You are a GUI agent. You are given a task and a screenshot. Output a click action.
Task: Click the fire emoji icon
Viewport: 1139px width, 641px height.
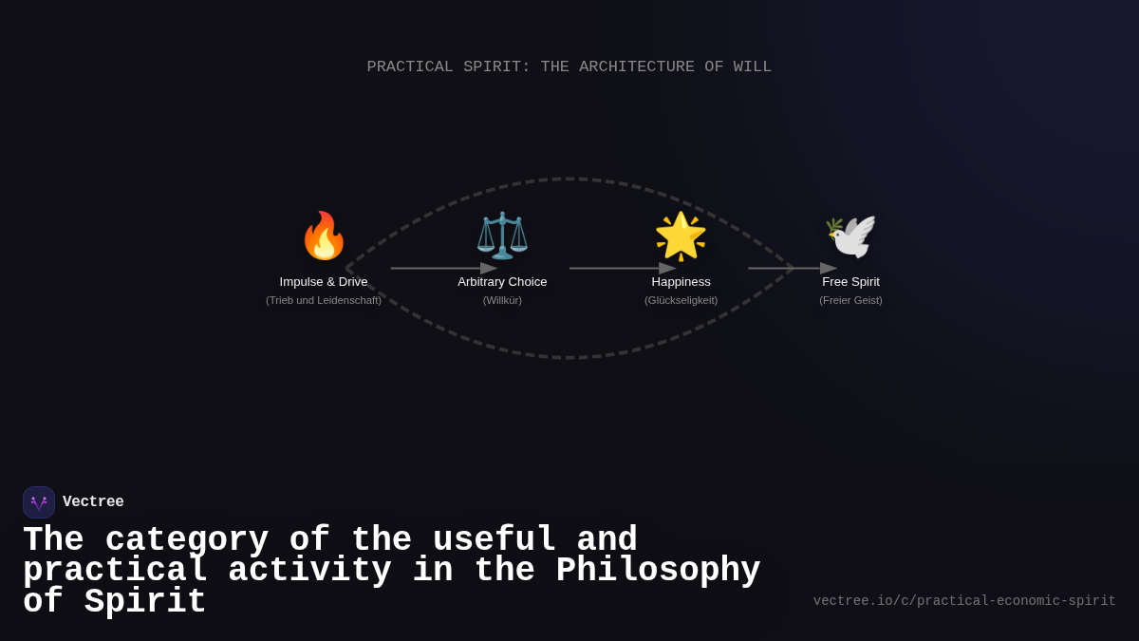pos(324,236)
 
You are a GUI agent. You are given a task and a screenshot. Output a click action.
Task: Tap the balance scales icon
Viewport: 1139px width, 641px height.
pos(502,236)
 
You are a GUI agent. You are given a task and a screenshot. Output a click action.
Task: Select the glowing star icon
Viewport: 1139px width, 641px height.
pos(681,236)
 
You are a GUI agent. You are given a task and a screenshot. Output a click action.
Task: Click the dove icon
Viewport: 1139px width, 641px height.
pos(850,236)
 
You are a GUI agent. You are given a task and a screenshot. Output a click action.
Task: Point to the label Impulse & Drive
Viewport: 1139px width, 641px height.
pos(324,282)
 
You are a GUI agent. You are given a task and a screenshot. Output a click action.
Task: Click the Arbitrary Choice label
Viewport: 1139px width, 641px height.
pos(502,282)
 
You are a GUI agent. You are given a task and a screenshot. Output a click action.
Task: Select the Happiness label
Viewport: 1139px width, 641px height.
pos(681,282)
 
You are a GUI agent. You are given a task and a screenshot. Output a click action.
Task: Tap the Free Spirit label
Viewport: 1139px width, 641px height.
pos(850,282)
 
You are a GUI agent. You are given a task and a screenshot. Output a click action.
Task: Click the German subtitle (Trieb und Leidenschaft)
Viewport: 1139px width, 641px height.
pos(324,300)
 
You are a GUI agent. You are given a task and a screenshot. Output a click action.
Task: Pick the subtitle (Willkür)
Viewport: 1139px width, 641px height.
pos(502,300)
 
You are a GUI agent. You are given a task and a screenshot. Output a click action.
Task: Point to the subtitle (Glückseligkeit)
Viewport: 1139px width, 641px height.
pos(681,300)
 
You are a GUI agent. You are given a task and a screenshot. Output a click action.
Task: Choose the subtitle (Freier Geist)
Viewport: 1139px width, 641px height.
pos(850,300)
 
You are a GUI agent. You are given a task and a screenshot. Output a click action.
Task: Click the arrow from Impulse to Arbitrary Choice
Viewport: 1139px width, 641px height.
pos(442,269)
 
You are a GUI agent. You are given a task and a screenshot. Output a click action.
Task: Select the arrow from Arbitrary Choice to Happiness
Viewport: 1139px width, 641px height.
pos(622,269)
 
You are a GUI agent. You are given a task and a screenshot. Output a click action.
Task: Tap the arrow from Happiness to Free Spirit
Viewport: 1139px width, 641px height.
pos(792,269)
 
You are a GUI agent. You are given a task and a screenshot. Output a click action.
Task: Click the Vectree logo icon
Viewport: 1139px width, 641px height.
pos(39,502)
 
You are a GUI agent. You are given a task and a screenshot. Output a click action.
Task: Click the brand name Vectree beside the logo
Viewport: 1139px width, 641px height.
pos(93,502)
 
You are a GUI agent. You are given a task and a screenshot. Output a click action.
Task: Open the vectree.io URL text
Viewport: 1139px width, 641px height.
pos(964,601)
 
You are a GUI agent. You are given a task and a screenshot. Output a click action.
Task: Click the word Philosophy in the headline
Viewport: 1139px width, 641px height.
pos(658,571)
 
